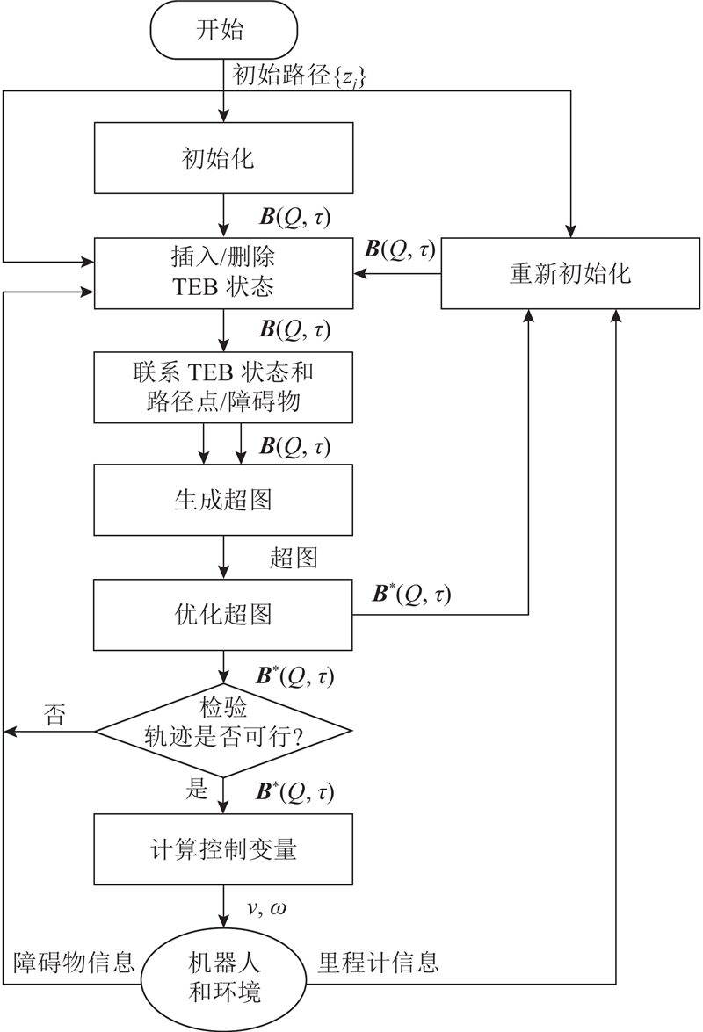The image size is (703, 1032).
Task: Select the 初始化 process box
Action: click(x=224, y=158)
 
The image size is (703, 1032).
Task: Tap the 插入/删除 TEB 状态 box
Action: click(x=224, y=273)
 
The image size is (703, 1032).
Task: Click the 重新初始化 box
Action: click(x=569, y=273)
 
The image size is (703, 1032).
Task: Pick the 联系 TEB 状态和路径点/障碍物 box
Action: click(x=224, y=387)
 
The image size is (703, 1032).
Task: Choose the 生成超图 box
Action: click(x=224, y=499)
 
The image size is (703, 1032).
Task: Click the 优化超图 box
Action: click(x=224, y=614)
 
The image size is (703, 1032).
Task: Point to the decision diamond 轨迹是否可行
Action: click(x=224, y=729)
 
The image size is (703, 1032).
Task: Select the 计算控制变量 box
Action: click(x=224, y=848)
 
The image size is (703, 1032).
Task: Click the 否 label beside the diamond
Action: click(x=54, y=715)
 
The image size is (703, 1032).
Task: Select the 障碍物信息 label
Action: click(x=74, y=963)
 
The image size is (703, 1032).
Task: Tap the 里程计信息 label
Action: click(x=378, y=963)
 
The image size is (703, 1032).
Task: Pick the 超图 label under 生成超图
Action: click(x=294, y=558)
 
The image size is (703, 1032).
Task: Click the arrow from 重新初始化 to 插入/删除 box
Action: click(x=397, y=273)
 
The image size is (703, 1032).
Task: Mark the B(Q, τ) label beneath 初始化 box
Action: click(x=295, y=216)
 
